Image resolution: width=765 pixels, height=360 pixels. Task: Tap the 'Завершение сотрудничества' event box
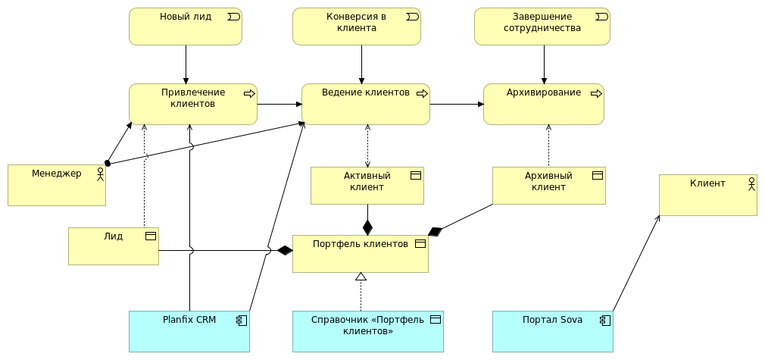click(542, 27)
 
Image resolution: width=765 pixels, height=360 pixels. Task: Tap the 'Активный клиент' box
click(367, 186)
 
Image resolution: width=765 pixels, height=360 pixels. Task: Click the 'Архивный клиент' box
click(548, 186)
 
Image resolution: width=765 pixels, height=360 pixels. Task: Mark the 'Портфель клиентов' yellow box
click(361, 254)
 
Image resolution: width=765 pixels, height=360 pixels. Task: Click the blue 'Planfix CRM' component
click(189, 331)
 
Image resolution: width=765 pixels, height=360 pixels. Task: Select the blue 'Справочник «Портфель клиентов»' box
click(368, 331)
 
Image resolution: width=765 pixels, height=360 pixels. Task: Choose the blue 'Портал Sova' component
click(552, 331)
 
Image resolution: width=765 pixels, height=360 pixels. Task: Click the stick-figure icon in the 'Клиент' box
click(751, 183)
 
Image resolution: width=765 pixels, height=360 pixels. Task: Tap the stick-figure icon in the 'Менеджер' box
click(100, 174)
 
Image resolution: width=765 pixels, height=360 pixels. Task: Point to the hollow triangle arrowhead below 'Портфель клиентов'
click(361, 277)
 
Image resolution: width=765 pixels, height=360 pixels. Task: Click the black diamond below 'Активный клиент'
click(367, 227)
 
